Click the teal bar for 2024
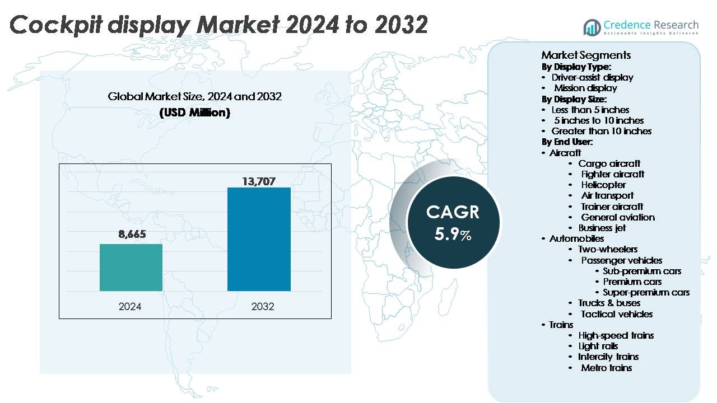(131, 267)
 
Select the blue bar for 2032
(259, 239)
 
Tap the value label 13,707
(259, 181)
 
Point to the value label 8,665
(132, 235)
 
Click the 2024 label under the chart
(130, 306)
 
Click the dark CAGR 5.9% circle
(453, 222)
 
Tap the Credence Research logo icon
(592, 27)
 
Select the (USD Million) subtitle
(195, 113)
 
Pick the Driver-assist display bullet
(592, 77)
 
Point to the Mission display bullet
(585, 88)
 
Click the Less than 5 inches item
(590, 110)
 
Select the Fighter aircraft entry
(612, 174)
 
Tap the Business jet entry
(602, 228)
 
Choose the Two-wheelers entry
(608, 249)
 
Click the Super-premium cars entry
(646, 292)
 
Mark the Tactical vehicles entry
(616, 314)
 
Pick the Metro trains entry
(606, 368)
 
